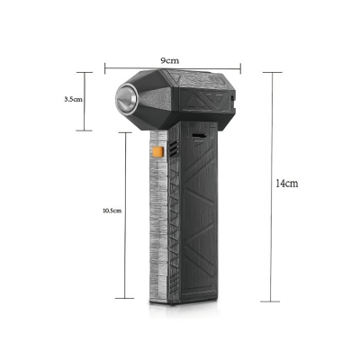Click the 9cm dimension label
(x=168, y=58)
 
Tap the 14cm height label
(x=286, y=183)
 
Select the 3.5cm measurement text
(x=74, y=100)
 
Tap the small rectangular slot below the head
(x=197, y=137)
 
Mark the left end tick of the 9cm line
(x=104, y=66)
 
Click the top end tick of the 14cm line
(x=272, y=72)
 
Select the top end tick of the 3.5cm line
(x=85, y=72)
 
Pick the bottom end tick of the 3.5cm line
(x=85, y=130)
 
